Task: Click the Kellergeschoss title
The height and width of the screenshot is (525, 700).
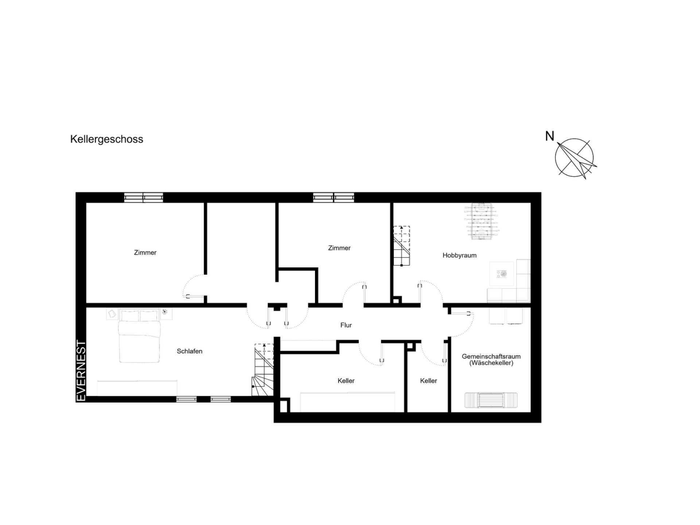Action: (106, 139)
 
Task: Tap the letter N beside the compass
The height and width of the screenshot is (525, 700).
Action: (549, 136)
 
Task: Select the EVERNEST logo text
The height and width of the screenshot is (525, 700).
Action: (81, 371)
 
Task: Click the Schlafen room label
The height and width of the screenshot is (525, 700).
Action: (190, 351)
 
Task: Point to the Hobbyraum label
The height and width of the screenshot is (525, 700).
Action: (459, 255)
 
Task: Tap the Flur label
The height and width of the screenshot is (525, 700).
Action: (346, 325)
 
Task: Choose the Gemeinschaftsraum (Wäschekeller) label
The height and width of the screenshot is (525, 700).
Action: (491, 359)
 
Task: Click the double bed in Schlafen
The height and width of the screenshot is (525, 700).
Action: (139, 336)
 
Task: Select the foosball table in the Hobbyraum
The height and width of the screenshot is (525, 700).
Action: (481, 221)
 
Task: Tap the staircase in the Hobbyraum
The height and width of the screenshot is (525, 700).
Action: (401, 246)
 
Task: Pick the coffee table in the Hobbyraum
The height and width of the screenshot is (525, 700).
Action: (502, 274)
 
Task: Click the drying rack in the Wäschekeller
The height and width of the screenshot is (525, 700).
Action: (491, 400)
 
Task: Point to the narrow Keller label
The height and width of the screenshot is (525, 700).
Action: (428, 381)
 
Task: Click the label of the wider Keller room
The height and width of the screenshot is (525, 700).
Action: (346, 381)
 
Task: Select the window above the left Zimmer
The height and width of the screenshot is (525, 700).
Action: (143, 198)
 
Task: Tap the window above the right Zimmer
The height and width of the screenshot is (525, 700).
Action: (334, 198)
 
